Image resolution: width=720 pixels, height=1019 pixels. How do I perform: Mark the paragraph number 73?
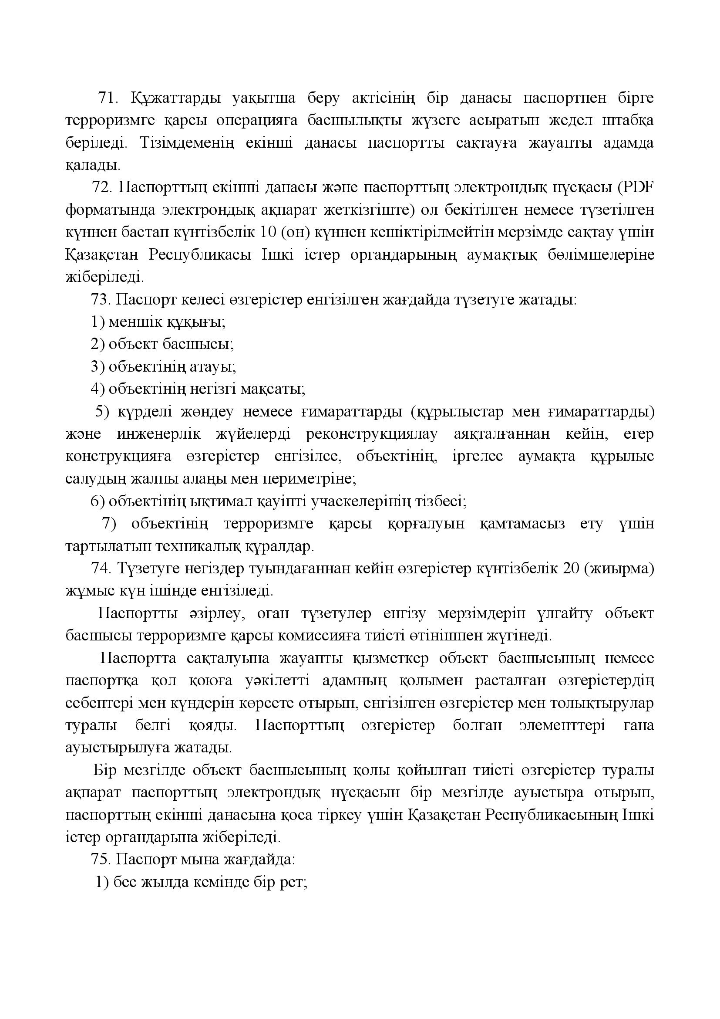[100, 300]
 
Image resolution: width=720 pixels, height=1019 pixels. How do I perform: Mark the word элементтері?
[562, 725]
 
